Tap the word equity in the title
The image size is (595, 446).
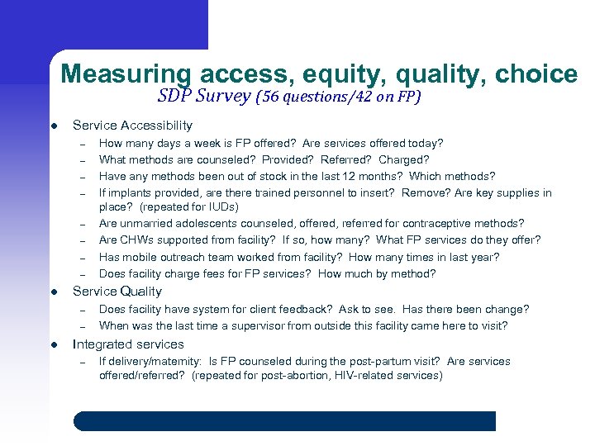346,74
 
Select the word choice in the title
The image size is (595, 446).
535,74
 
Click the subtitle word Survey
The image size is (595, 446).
223,97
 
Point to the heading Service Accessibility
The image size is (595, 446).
132,126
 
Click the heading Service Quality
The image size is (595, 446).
117,292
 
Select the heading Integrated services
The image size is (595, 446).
128,344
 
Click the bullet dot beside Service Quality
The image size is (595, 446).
53,292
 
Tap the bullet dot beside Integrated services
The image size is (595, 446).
53,345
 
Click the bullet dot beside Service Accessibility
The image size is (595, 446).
53,126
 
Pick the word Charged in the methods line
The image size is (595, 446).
403,159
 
